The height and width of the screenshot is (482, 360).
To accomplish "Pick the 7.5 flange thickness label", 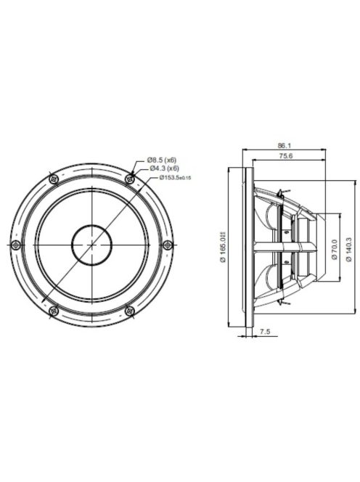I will pos(265,332).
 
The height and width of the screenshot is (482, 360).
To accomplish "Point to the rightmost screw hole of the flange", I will pos(168,245).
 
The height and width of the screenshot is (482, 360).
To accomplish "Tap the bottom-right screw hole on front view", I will pos(130,311).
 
